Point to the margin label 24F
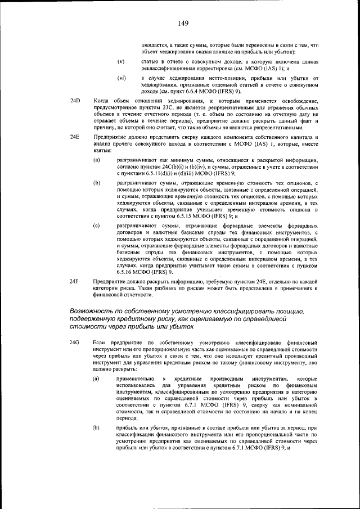(74, 280)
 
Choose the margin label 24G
(74, 343)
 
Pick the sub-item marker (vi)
(121, 78)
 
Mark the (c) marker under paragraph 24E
(97, 226)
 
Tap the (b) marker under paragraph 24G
(97, 429)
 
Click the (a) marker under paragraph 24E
(97, 160)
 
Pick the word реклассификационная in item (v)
(169, 67)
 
